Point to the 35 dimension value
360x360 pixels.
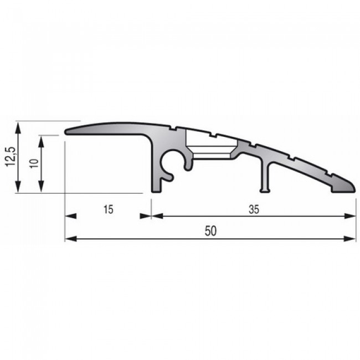tap(254, 209)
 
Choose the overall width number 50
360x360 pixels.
tap(210, 233)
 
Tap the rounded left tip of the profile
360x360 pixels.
tap(68, 131)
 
